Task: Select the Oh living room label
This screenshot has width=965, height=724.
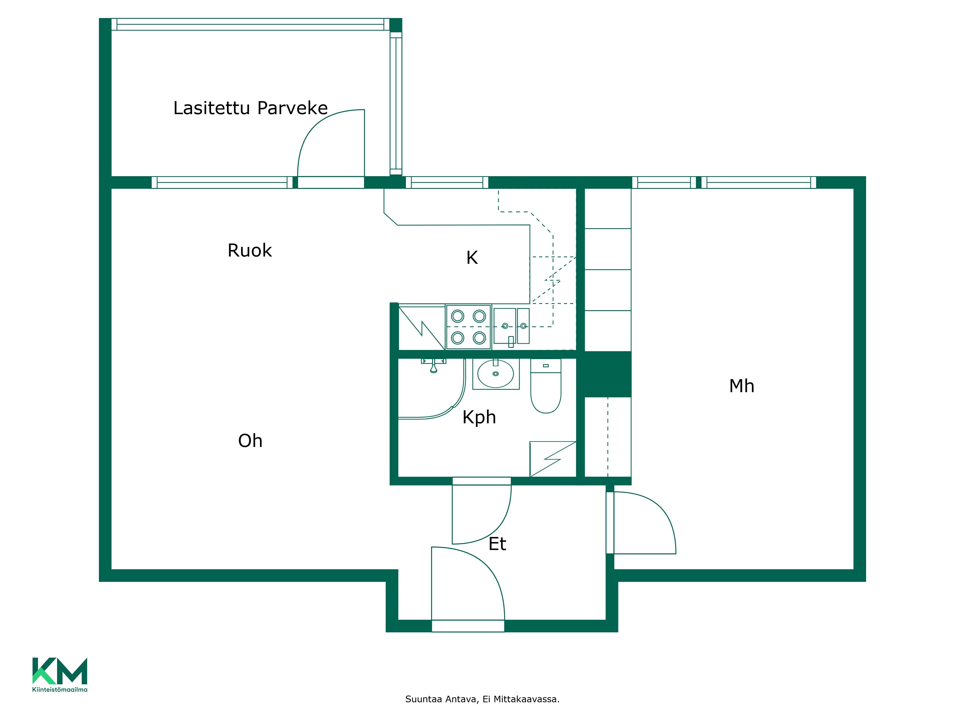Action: pyautogui.click(x=250, y=441)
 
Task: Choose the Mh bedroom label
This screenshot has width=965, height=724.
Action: pyautogui.click(x=742, y=386)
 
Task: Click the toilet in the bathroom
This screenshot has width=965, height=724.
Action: pyautogui.click(x=546, y=386)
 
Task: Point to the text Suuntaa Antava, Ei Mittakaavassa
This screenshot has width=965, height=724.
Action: pyautogui.click(x=482, y=699)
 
